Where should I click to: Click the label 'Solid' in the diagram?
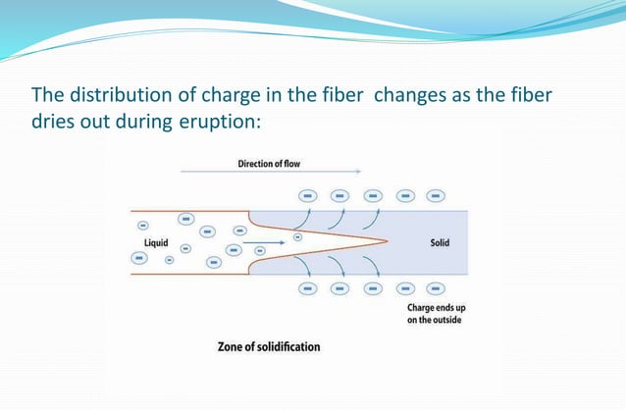click(x=440, y=242)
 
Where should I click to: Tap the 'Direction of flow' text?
click(x=269, y=163)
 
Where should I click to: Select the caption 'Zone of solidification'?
click(x=268, y=346)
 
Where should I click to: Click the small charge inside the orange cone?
click(x=298, y=235)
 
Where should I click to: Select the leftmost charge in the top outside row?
click(x=307, y=196)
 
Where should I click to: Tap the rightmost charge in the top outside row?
click(x=434, y=196)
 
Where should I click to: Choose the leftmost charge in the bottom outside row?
click(x=307, y=289)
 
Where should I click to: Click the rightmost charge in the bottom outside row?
click(x=434, y=289)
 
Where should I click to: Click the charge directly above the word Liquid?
click(x=143, y=222)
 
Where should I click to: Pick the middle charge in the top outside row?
click(x=371, y=196)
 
